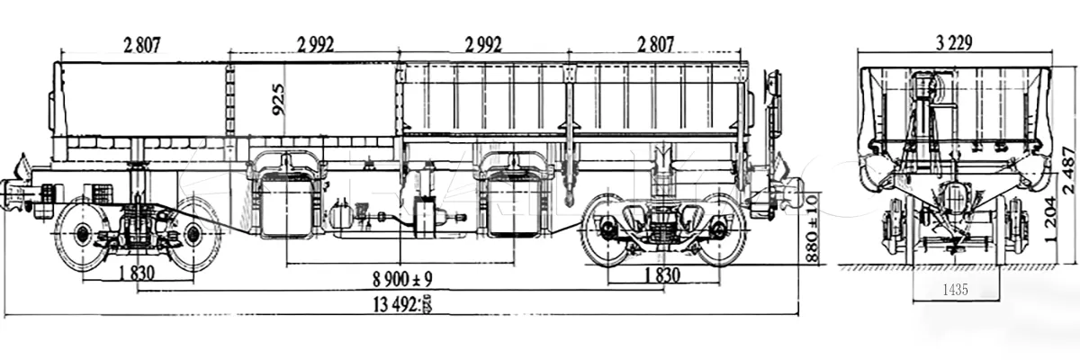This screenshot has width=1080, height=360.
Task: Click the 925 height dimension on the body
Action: (x=278, y=100)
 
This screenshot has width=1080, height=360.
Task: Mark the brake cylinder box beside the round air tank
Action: (x=430, y=216)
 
